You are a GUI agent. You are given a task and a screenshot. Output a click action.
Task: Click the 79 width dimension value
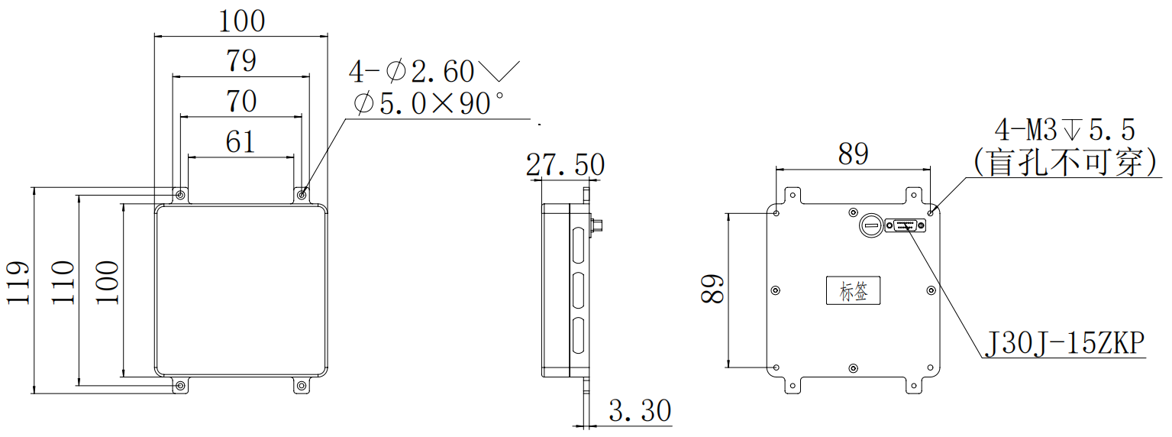coord(241,60)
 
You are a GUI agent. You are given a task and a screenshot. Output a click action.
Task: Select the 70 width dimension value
coord(241,101)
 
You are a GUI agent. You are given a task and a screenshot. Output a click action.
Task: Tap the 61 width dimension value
coord(241,142)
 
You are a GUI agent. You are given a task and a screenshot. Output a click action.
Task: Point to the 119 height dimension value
coord(18,283)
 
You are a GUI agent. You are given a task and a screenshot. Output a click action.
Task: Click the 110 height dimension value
coord(63,283)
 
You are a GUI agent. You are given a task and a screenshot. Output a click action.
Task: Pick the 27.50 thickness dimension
coord(565,165)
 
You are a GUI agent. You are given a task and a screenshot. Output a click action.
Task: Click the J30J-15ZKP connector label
coord(1065,344)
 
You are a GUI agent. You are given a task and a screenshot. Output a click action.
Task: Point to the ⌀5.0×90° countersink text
coord(429,103)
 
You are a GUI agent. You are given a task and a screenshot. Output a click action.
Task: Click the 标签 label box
coord(854,290)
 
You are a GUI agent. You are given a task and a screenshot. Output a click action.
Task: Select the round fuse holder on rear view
coord(871,225)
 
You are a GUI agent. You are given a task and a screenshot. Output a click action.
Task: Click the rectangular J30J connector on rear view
coord(906,225)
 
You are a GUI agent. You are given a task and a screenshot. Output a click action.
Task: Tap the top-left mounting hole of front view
coord(180,196)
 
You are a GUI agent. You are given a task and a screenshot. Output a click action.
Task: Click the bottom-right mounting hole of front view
coord(302,387)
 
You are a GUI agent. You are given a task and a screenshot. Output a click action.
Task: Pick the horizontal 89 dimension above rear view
coord(854,154)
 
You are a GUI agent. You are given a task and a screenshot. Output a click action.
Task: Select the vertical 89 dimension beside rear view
coord(712,289)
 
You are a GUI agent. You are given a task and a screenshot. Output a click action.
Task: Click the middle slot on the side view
coord(578,290)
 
